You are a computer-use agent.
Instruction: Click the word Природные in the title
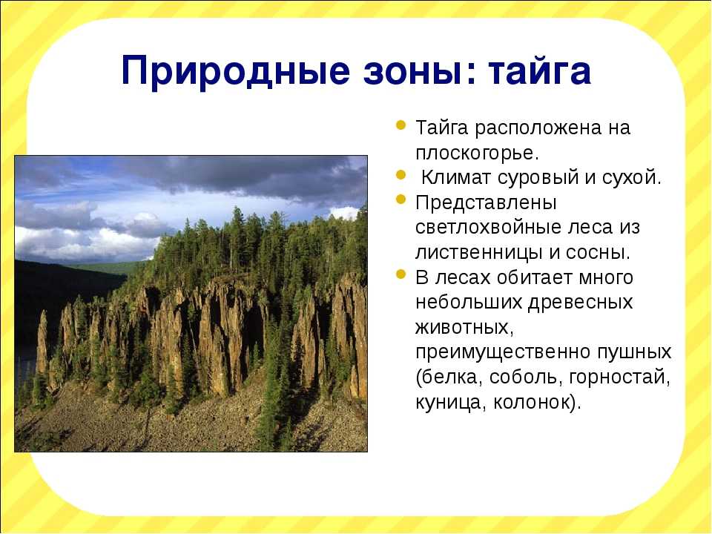point(236,71)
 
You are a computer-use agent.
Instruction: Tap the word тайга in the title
point(540,71)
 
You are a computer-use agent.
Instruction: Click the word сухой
point(628,177)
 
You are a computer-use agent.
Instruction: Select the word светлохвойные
point(499,227)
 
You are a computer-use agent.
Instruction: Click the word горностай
point(618,378)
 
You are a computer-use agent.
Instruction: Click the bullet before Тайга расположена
point(400,125)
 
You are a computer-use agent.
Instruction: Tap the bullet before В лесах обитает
point(400,274)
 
